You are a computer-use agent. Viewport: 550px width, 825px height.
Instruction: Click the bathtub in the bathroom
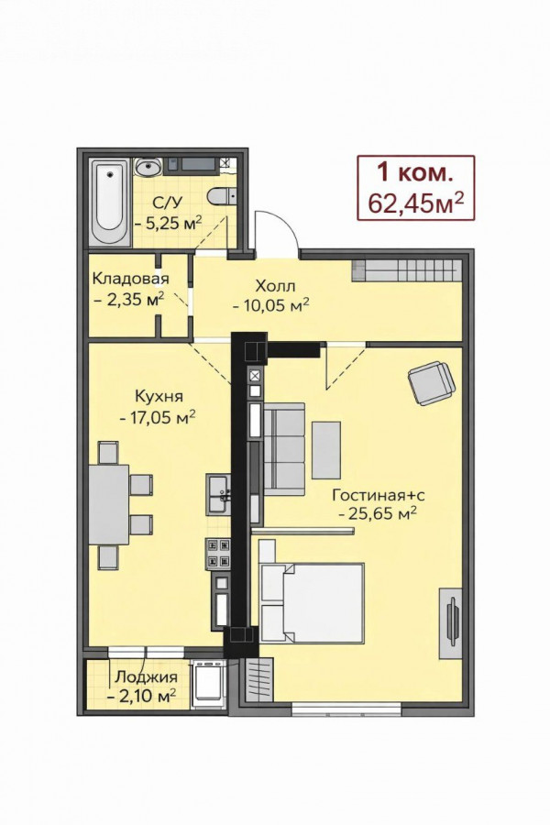(x=109, y=202)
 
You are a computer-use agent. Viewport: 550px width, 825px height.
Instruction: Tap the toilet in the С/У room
(x=222, y=196)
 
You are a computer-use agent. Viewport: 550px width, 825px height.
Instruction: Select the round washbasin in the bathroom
(x=148, y=166)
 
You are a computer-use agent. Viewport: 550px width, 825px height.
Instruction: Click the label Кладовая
(x=130, y=279)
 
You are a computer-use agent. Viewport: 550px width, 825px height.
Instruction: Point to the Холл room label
(x=275, y=286)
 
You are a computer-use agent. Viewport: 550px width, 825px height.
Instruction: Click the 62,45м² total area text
(x=416, y=202)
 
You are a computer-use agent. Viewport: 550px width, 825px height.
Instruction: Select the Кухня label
(x=159, y=395)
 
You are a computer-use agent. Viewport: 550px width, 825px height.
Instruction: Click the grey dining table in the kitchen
(x=109, y=504)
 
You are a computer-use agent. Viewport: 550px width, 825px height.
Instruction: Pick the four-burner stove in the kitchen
(x=218, y=554)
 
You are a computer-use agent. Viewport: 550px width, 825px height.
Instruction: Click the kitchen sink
(x=218, y=495)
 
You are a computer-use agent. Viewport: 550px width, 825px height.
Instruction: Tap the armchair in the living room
(x=432, y=382)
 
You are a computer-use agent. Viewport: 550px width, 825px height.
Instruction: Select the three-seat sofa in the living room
(x=283, y=449)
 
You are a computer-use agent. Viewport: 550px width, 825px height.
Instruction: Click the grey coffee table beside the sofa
(x=326, y=450)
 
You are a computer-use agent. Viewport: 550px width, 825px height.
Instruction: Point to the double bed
(x=312, y=603)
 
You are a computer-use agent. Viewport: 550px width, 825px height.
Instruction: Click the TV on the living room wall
(x=452, y=621)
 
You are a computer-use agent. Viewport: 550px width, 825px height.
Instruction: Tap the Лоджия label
(x=147, y=677)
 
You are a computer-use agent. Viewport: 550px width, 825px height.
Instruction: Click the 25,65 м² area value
(x=379, y=513)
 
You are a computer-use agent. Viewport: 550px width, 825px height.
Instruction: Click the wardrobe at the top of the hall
(x=406, y=270)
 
